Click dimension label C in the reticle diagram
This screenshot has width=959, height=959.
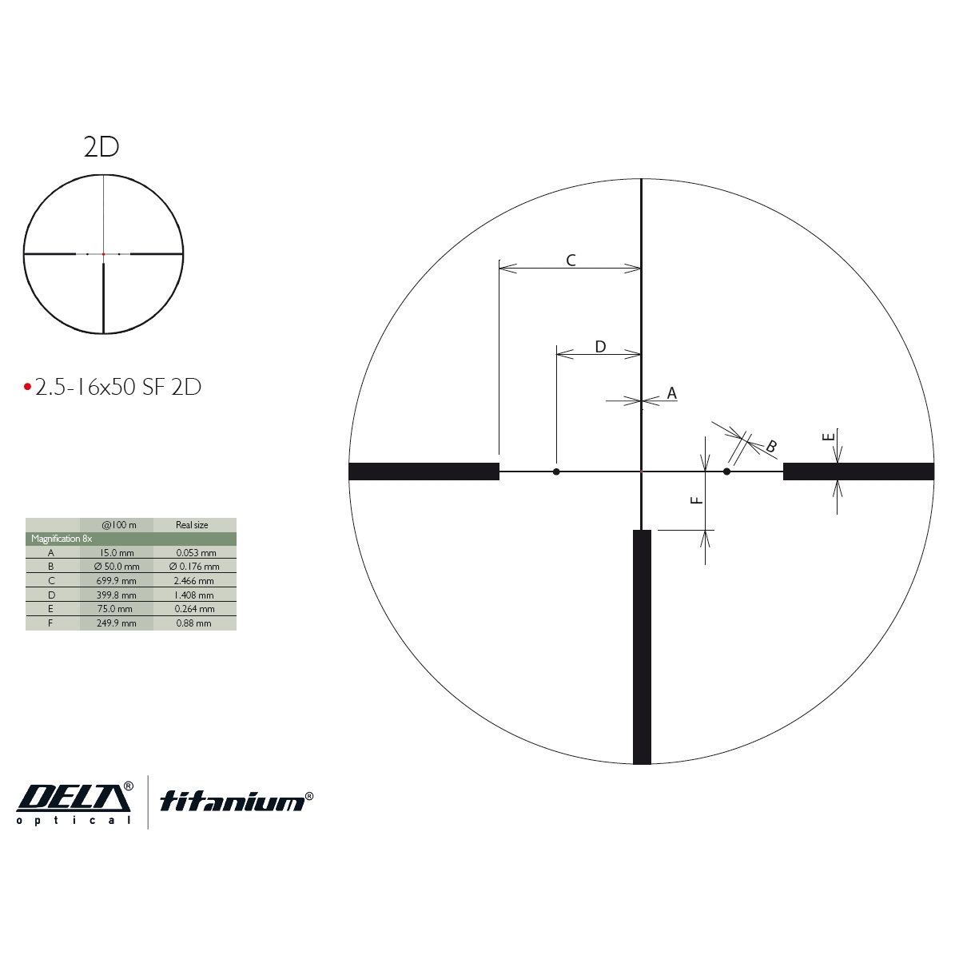pyautogui.click(x=571, y=260)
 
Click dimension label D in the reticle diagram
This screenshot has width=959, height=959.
pyautogui.click(x=600, y=346)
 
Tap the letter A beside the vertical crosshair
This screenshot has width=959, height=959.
pyautogui.click(x=671, y=393)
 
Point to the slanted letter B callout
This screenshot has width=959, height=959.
pyautogui.click(x=771, y=446)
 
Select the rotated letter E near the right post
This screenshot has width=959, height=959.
pyautogui.click(x=828, y=437)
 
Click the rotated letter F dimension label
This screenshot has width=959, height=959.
pyautogui.click(x=697, y=500)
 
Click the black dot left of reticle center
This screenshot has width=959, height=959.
pyautogui.click(x=556, y=472)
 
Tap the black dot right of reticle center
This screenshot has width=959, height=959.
pyautogui.click(x=726, y=472)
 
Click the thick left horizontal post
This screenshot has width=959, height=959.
pyautogui.click(x=424, y=472)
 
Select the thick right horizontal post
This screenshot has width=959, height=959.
pyautogui.click(x=858, y=472)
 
